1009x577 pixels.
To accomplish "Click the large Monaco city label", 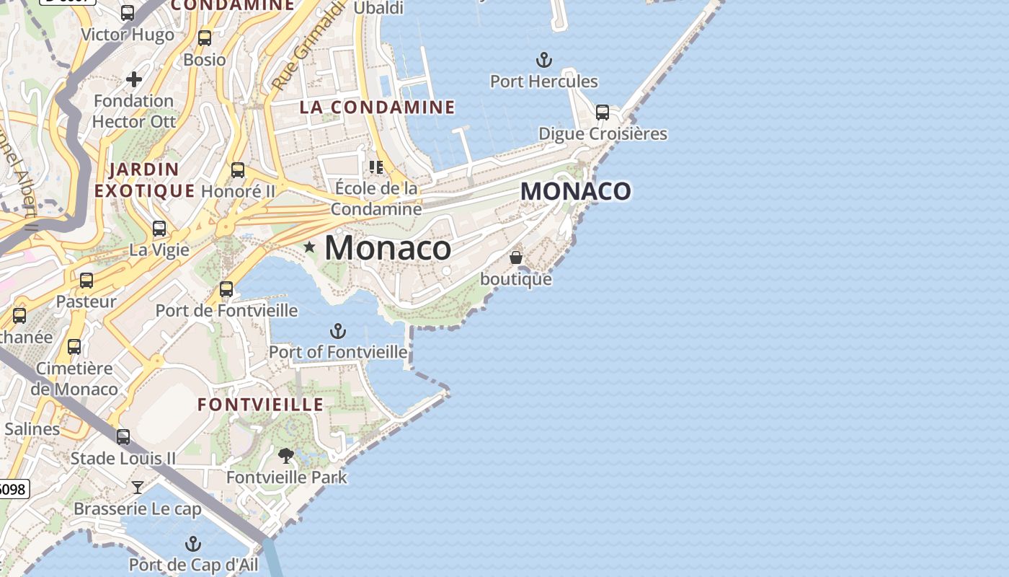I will (388, 248).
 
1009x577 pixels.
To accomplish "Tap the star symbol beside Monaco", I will (310, 247).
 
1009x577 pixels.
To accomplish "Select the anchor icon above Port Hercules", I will (544, 60).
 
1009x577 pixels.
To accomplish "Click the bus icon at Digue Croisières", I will (603, 113).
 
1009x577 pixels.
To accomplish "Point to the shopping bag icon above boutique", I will (516, 257).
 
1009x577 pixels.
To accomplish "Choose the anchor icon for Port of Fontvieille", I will (337, 331).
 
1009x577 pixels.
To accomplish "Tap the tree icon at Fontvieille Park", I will (286, 456).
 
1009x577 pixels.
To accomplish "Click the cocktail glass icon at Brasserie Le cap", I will (138, 488).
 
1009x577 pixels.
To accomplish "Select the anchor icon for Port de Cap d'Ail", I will (192, 543).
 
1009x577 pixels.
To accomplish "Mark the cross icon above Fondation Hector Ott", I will (134, 79).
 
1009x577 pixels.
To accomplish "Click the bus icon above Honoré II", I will (238, 170).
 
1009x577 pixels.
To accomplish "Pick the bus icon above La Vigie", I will (159, 229).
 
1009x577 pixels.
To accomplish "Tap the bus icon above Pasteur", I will (86, 281).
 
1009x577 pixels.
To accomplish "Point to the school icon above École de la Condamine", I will (375, 167).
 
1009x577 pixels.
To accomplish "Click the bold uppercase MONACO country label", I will (576, 191).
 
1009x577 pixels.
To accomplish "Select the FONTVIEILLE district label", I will (260, 405).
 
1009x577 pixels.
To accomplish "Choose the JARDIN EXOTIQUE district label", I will (144, 180).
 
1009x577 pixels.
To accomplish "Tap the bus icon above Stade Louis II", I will (123, 436).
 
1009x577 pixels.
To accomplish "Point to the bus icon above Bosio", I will (205, 38).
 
